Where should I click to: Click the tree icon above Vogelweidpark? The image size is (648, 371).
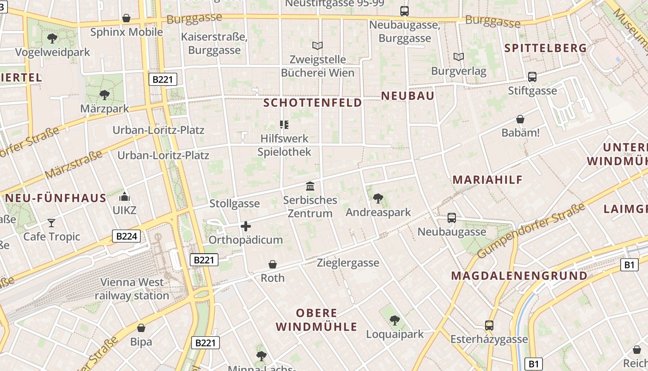52,38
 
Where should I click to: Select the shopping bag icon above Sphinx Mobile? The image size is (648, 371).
126,18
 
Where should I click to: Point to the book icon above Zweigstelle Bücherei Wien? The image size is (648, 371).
318,45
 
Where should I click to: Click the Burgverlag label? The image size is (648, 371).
458,71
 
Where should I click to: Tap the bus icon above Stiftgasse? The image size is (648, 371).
532,77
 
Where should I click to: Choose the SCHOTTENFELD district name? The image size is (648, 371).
312,102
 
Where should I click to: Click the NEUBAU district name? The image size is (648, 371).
407,96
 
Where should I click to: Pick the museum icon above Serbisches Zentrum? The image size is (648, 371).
310,186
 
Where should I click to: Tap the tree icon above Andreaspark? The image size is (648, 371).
378,198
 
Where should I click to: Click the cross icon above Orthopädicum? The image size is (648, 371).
246,226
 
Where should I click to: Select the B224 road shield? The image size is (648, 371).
126,237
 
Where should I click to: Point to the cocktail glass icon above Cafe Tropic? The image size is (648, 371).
51,223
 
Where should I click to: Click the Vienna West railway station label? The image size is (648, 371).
132,288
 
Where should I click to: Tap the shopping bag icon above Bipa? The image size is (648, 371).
141,328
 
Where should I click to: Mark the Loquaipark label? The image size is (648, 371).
395,334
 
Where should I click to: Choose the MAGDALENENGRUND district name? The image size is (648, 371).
519,276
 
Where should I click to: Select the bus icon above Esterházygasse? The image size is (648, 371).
489,326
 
